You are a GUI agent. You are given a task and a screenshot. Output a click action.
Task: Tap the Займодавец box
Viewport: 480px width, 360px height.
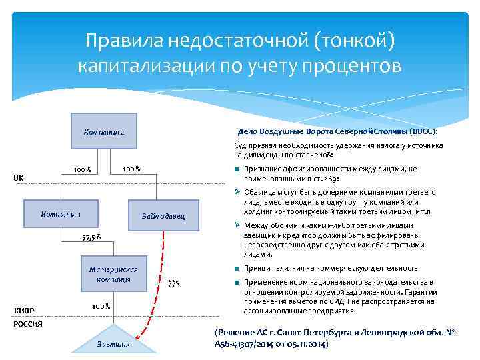coord(163,217)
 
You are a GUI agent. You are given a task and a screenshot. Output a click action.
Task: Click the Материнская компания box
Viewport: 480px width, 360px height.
coord(113,274)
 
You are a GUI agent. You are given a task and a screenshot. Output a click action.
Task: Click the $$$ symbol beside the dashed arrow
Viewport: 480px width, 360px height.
coord(173,284)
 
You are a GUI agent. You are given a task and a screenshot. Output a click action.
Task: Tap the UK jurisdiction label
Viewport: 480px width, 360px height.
coord(19,178)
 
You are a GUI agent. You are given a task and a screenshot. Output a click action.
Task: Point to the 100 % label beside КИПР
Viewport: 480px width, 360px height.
coord(101,306)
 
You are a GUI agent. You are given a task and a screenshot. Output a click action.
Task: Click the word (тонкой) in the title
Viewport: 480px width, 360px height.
coord(349,41)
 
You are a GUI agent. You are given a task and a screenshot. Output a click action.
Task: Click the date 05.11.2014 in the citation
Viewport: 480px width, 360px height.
coord(303,343)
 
